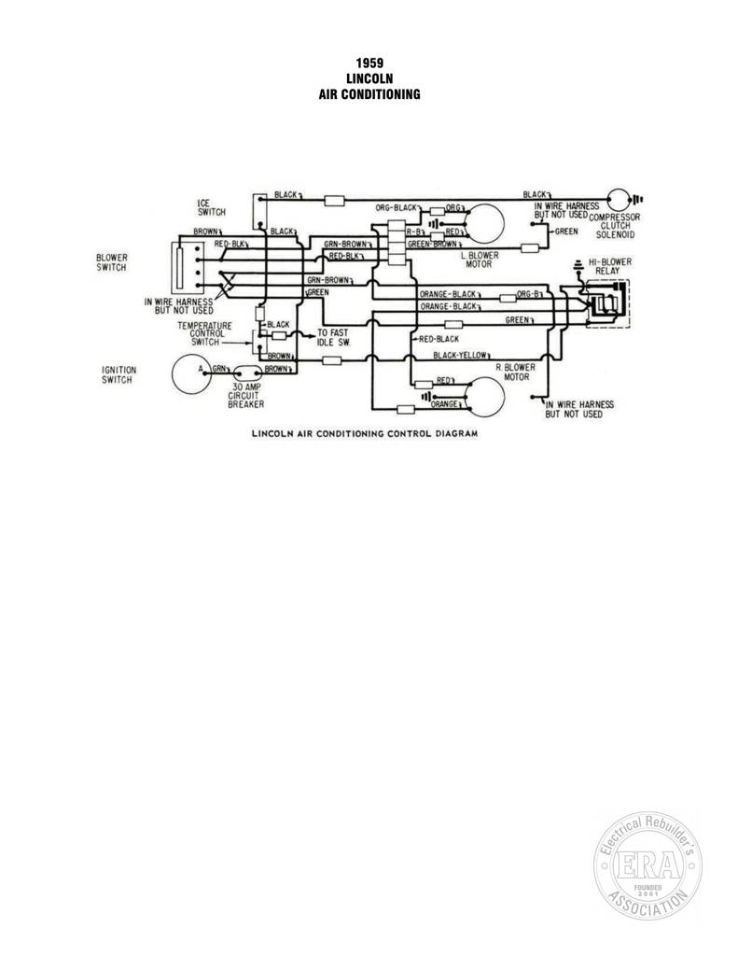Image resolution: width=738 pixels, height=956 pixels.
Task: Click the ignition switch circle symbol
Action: [x=174, y=374]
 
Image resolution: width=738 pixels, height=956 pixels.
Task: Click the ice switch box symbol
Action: [x=259, y=211]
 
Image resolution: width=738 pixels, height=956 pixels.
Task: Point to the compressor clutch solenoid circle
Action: [x=608, y=200]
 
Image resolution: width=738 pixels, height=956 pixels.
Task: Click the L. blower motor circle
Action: [x=504, y=223]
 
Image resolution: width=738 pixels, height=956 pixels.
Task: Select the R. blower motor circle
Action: [x=504, y=397]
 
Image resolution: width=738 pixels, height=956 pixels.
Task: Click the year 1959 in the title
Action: [x=369, y=63]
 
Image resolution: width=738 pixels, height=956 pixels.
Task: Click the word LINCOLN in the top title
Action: [x=369, y=78]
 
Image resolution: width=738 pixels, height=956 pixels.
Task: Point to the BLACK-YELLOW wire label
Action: [x=460, y=355]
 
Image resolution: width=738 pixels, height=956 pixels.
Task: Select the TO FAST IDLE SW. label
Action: [x=332, y=337]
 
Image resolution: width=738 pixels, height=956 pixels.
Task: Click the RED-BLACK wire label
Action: [x=439, y=339]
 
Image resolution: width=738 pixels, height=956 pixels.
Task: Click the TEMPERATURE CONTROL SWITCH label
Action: [x=204, y=333]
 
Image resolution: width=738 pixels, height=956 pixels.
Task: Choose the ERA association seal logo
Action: [x=647, y=865]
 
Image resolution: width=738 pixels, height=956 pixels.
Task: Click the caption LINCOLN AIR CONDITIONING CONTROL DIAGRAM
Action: [x=365, y=433]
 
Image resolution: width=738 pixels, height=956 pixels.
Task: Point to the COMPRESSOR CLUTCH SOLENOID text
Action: [x=615, y=226]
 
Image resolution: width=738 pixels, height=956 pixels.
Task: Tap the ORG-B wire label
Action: [x=528, y=294]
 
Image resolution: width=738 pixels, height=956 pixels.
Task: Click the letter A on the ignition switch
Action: [x=200, y=369]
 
